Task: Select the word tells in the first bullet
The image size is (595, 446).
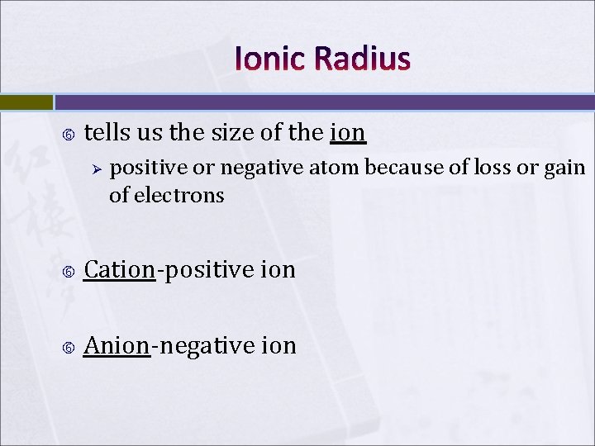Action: point(105,132)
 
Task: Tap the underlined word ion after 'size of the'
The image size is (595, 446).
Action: point(348,132)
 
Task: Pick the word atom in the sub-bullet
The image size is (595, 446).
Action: point(335,168)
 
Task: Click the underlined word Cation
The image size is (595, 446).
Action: point(120,269)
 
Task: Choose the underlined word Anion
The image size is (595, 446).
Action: point(117,344)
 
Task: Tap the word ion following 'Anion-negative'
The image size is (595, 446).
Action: point(278,344)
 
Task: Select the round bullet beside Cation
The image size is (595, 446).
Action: point(69,271)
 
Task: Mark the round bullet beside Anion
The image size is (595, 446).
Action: point(69,346)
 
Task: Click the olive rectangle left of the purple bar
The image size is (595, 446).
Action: point(26,102)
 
